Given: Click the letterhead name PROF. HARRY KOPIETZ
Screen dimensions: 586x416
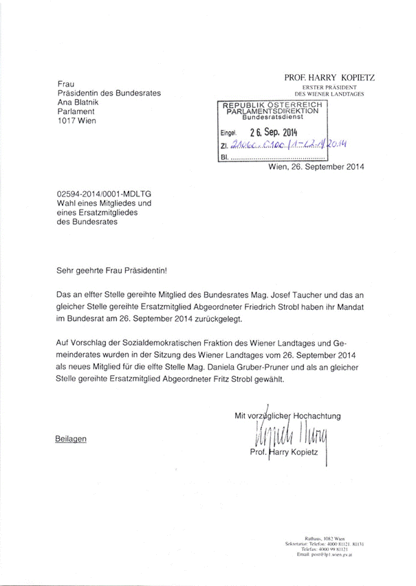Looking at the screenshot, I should pyautogui.click(x=329, y=78).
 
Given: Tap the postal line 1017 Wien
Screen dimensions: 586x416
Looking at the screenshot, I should pyautogui.click(x=76, y=120).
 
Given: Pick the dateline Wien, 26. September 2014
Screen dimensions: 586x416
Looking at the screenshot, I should pyautogui.click(x=316, y=166).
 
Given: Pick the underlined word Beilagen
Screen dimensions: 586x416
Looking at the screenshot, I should pyautogui.click(x=72, y=438).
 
